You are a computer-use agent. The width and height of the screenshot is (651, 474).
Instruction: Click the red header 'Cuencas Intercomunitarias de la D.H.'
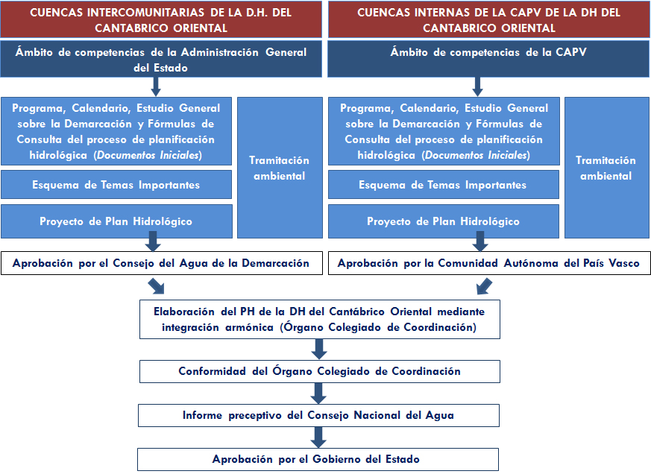[161, 19]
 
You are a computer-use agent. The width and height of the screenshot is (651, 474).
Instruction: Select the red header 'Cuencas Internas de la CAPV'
[488, 19]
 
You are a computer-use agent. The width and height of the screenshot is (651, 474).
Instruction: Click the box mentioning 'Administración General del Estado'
[161, 59]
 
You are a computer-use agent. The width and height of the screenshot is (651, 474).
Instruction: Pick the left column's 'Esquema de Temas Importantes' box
[116, 185]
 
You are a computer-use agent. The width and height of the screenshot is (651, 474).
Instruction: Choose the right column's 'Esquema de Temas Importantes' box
[443, 185]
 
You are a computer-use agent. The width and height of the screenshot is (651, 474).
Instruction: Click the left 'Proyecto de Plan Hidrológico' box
[116, 221]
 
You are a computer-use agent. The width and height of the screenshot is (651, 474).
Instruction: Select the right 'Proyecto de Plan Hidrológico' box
[443, 221]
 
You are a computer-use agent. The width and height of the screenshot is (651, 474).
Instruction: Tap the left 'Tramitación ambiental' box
[279, 168]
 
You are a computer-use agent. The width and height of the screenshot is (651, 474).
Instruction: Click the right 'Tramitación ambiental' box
[607, 168]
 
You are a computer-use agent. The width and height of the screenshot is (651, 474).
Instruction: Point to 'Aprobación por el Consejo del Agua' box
[161, 263]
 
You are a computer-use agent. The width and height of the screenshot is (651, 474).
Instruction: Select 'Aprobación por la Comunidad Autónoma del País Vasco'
[488, 263]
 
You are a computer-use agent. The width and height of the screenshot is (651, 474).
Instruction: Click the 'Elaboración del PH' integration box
[319, 319]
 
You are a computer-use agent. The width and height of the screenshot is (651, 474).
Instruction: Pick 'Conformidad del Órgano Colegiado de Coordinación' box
[319, 371]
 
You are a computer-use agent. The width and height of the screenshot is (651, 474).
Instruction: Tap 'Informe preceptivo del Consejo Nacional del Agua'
[319, 415]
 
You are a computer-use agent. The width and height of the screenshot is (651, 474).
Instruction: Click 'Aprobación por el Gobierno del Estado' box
[319, 458]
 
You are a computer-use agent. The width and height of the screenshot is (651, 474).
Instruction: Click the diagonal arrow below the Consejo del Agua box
[158, 286]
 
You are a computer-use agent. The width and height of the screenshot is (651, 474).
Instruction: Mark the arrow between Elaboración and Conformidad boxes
[319, 349]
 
